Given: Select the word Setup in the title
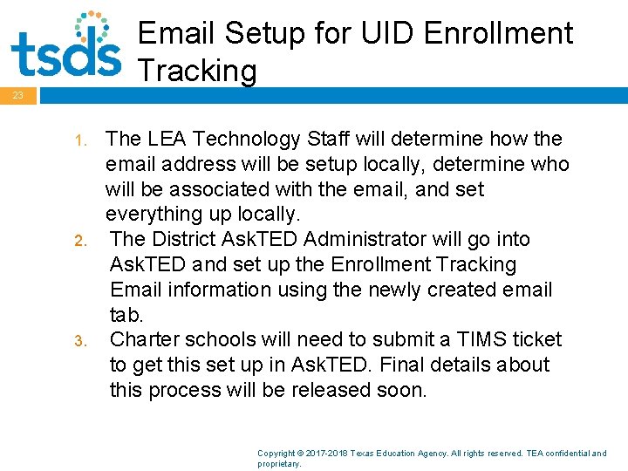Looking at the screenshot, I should [x=261, y=34].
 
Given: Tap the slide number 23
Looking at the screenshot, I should [x=18, y=95].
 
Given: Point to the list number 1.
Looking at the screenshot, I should [x=78, y=140].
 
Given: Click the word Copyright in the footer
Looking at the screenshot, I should [x=277, y=454].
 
